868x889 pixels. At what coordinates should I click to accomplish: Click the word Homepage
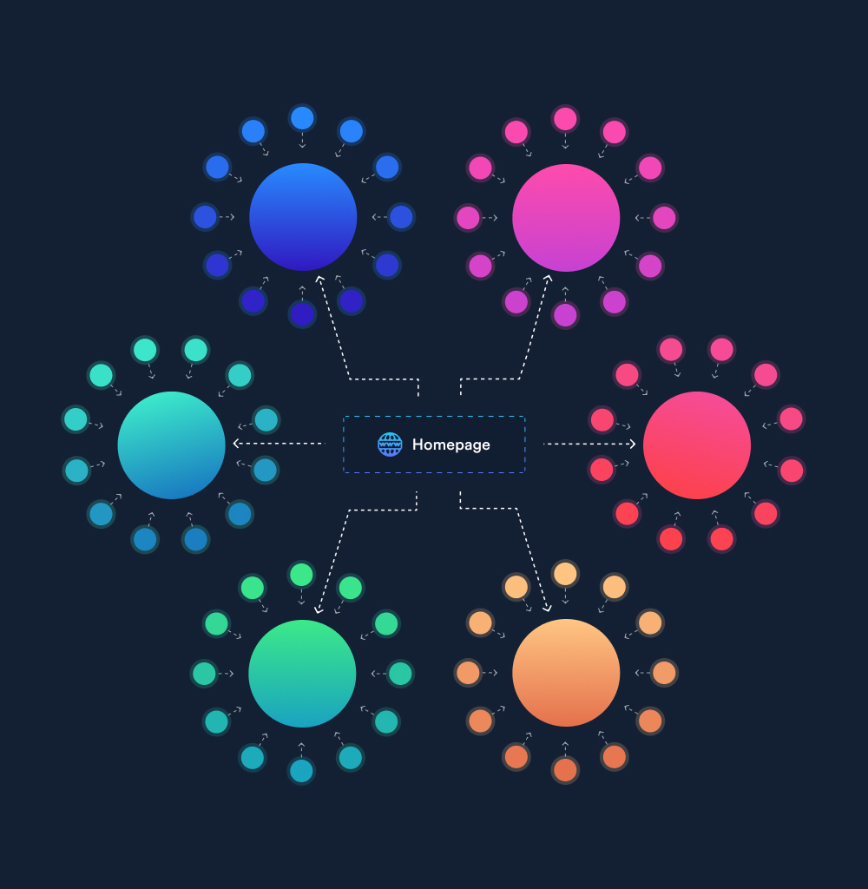pos(450,445)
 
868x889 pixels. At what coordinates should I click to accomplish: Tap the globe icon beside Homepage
pos(390,444)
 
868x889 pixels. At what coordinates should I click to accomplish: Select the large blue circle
pos(303,217)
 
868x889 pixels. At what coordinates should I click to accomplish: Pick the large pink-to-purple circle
pos(566,218)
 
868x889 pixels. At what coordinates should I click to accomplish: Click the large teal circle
pos(171,445)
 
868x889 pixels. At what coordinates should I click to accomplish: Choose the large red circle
pos(697,445)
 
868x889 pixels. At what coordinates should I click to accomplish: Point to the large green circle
pos(302,674)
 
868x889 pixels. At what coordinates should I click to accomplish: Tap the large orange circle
pos(566,673)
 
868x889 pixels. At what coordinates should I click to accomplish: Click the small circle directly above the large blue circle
pos(302,118)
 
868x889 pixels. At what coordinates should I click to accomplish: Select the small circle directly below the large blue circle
pos(302,314)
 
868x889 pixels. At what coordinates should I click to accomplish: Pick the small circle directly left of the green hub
pos(204,674)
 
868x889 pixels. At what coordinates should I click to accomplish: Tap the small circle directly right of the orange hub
pos(664,673)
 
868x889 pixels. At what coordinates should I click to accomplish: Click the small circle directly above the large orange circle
pos(565,574)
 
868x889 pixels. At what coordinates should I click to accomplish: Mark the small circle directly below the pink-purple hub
pos(565,315)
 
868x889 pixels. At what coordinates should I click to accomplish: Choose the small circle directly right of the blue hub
pos(401,217)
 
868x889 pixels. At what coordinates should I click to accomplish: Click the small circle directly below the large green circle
pos(301,771)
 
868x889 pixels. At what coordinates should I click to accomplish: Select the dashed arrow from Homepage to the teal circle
pos(279,444)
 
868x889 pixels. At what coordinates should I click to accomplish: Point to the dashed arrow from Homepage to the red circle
pos(589,444)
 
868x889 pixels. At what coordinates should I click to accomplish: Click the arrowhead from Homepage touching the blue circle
pos(319,279)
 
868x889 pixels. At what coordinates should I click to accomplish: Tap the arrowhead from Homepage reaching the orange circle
pos(547,609)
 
